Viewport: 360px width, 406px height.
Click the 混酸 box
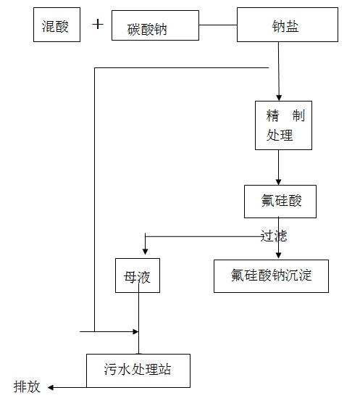click(x=56, y=25)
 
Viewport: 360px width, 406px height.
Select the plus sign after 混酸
click(x=99, y=25)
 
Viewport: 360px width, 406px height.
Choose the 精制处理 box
click(x=283, y=125)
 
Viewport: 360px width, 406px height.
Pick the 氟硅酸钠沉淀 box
click(x=272, y=275)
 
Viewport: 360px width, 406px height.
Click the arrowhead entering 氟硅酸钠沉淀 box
click(x=279, y=254)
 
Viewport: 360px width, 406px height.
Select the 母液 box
click(x=137, y=275)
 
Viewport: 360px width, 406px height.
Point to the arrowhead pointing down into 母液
click(x=146, y=246)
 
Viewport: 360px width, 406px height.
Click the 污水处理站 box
click(x=138, y=370)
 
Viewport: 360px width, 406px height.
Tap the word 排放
click(x=27, y=387)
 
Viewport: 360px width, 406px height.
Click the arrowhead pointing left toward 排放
click(x=52, y=388)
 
